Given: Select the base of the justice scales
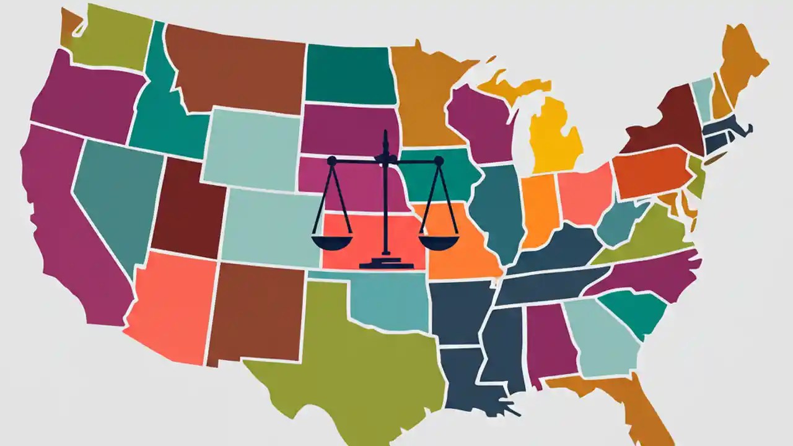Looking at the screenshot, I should click(x=384, y=263).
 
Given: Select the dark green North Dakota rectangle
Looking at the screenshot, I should click(x=350, y=74).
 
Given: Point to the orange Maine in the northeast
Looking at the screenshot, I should click(x=740, y=62).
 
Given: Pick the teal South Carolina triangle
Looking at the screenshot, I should click(x=632, y=313).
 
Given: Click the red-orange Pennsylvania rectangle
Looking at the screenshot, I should click(x=651, y=170).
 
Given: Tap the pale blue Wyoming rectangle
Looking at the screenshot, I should click(x=251, y=149).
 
